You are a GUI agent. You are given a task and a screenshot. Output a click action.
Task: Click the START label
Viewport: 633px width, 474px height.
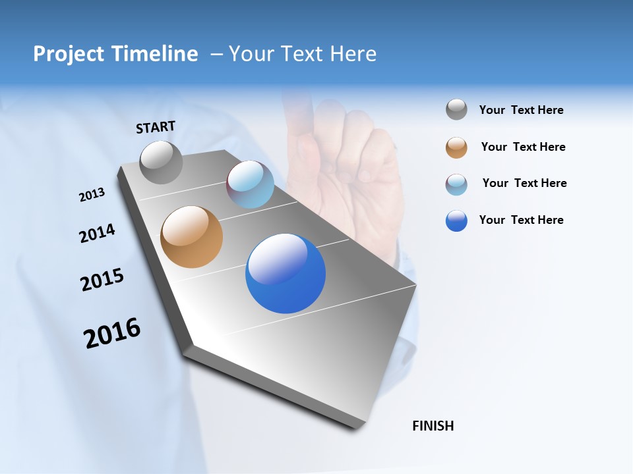tap(156, 127)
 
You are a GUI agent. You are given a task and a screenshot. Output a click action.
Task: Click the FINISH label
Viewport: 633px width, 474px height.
tap(433, 426)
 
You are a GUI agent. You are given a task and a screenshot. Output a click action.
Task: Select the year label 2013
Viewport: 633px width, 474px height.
tap(92, 195)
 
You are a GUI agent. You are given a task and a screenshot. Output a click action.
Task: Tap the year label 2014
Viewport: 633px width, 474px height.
tap(97, 233)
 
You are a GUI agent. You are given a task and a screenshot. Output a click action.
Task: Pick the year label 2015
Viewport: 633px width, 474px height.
tap(102, 280)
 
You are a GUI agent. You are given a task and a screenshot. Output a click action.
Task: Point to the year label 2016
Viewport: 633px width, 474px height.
tap(112, 333)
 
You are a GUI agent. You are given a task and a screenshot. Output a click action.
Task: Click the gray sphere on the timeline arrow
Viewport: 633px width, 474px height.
tap(161, 162)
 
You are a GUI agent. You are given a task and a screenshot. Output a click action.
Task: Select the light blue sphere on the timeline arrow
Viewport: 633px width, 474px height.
tap(250, 184)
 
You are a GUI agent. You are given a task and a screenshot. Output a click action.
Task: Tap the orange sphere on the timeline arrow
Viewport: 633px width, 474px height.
tap(191, 237)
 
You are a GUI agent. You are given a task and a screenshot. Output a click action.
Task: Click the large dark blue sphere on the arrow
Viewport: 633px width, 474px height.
tap(285, 273)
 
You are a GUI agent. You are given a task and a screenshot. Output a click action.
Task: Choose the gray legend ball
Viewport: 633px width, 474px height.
tap(456, 110)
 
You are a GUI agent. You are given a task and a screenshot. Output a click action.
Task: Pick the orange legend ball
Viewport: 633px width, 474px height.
tap(456, 147)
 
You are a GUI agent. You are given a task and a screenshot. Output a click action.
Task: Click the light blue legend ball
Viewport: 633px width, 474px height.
tap(456, 184)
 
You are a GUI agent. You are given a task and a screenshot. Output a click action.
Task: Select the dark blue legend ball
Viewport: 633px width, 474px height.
tap(456, 221)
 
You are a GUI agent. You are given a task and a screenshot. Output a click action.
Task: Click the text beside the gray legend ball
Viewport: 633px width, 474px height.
tap(521, 111)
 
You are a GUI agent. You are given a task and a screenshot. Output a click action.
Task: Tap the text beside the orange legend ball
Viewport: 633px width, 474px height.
tap(523, 147)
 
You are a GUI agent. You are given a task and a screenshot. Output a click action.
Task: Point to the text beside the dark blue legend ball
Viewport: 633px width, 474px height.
tap(521, 220)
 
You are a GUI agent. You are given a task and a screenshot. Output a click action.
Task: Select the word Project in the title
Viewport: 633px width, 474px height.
tap(68, 54)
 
